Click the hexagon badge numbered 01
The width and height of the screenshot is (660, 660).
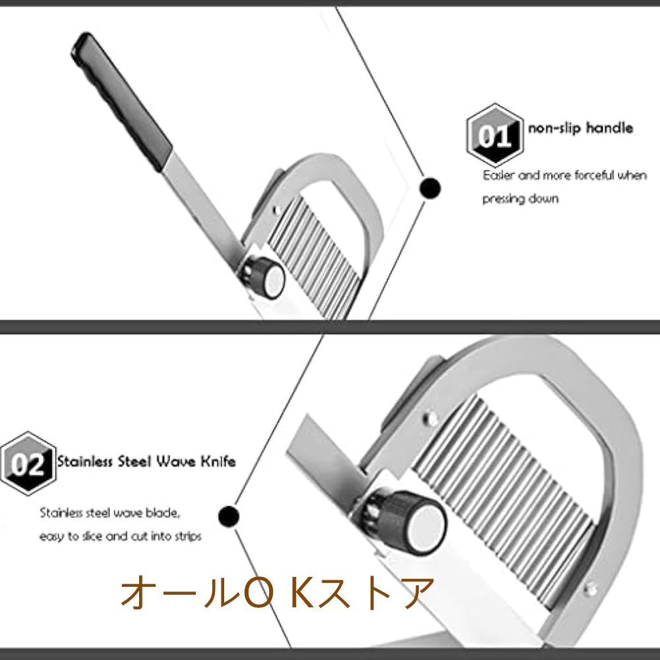coord(495,135)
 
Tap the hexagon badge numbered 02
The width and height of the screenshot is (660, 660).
coord(28,464)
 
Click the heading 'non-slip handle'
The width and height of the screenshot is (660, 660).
coord(580,128)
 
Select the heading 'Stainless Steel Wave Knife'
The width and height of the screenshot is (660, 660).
coord(146,462)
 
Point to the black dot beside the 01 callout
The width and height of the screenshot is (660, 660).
coord(430,188)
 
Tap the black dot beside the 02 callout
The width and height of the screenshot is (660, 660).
coord(229,516)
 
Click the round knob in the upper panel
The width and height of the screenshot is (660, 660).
coord(266,278)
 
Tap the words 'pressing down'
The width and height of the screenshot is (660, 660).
coord(520,198)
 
